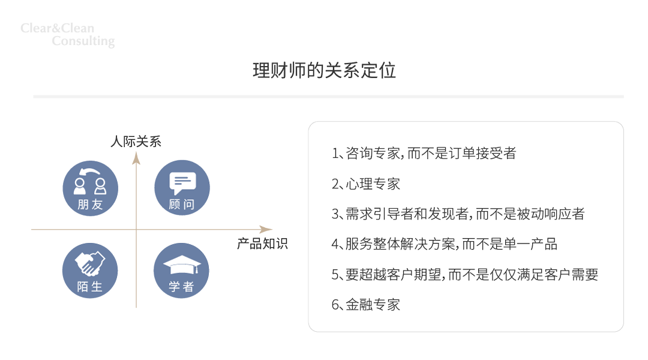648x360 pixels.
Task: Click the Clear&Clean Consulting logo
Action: [67, 35]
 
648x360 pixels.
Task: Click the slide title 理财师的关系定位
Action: [324, 70]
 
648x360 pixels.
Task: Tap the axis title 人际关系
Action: [136, 142]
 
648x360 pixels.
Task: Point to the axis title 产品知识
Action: [262, 244]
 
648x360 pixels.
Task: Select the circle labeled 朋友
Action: [91, 187]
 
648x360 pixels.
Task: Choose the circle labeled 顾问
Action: [182, 187]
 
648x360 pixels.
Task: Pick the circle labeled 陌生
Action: [90, 271]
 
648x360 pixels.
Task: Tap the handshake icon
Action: [90, 263]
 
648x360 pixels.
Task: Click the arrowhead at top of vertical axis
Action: [136, 157]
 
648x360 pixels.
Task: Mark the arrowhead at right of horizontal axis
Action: [266, 229]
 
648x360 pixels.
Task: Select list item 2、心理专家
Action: [366, 184]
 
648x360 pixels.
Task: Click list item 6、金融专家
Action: [366, 305]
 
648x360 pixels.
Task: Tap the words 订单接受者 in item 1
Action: [482, 153]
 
